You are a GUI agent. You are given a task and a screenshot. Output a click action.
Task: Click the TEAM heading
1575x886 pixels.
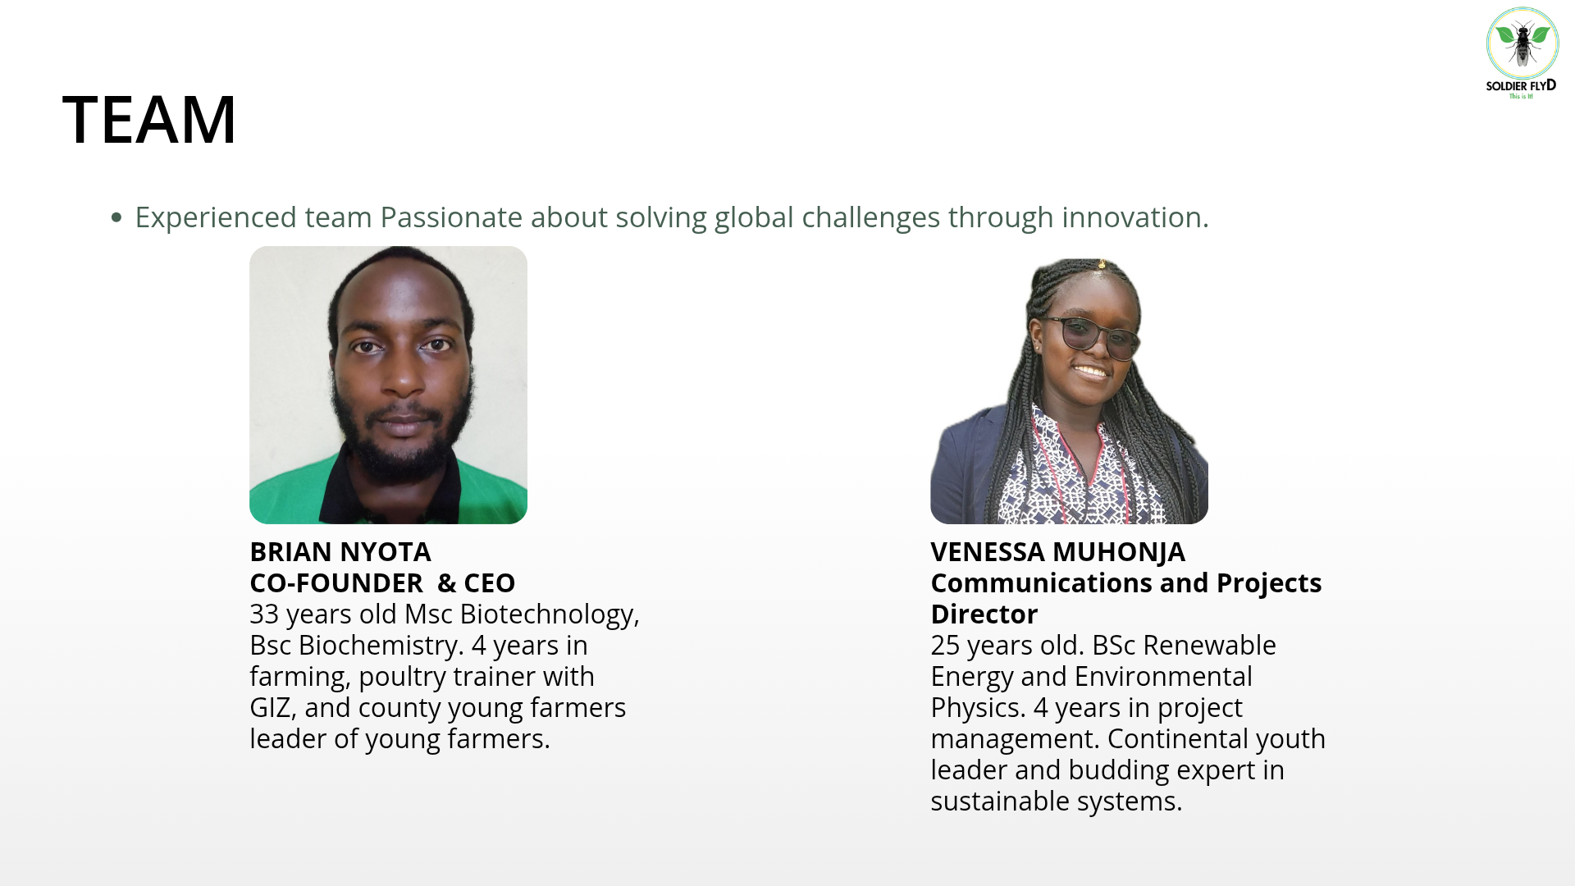[x=149, y=119]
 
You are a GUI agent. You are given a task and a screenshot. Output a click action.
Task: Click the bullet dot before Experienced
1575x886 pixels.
[x=116, y=217]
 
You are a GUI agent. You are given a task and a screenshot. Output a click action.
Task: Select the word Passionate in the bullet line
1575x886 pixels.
[x=451, y=217]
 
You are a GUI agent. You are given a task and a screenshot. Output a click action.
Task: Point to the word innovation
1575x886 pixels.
[x=1135, y=217]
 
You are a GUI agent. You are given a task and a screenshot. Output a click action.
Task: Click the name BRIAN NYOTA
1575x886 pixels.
[x=340, y=551]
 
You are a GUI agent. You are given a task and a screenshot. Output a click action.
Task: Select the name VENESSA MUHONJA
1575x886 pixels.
[x=1057, y=551]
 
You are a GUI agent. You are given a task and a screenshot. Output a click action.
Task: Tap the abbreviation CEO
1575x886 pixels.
[x=490, y=582]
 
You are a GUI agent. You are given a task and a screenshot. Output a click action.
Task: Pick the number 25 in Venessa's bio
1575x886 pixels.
[x=945, y=645]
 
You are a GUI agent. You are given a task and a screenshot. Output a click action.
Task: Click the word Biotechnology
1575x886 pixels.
[x=549, y=614]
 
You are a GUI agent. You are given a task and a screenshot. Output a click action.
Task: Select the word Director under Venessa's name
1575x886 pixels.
[x=984, y=614]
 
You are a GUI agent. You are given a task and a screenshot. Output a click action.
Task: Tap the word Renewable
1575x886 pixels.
[x=1209, y=645]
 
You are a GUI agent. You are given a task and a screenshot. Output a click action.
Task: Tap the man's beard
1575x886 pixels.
[x=402, y=427]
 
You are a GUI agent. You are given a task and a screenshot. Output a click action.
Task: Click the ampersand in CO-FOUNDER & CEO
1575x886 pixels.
[x=446, y=582]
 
